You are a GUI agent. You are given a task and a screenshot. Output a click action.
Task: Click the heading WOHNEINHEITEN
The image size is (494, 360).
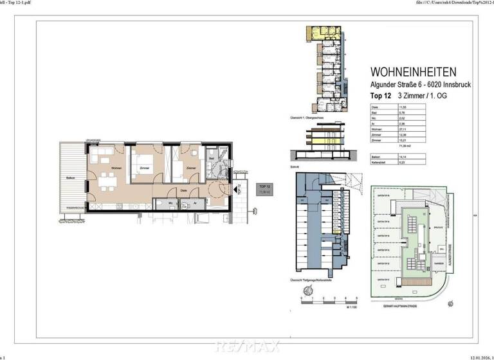point(414,73)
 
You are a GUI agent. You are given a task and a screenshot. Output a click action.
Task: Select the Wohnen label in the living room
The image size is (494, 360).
point(116,168)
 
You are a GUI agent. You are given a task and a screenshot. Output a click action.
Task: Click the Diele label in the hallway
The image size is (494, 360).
point(184,190)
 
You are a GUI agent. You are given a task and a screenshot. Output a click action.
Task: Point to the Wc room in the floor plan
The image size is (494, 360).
point(169,203)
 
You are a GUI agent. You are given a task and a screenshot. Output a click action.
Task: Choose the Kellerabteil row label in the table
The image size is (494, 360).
point(379,163)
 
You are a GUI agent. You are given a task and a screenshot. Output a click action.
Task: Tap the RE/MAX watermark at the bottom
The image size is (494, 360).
point(247,347)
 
